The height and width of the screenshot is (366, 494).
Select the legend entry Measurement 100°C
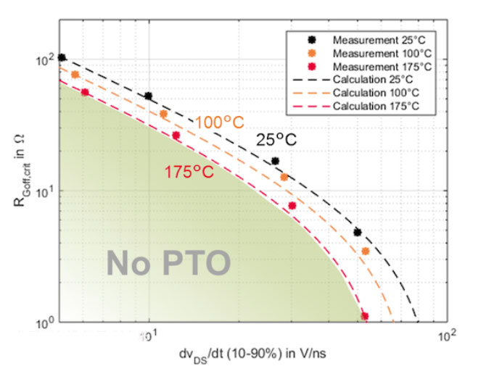click(x=372, y=52)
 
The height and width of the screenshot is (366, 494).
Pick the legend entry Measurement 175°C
click(x=372, y=66)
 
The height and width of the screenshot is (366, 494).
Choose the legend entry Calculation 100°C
click(x=372, y=93)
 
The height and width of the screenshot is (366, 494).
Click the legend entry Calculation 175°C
click(x=372, y=107)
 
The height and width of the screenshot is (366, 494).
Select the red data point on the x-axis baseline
click(x=365, y=316)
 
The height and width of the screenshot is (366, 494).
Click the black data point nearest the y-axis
click(x=62, y=58)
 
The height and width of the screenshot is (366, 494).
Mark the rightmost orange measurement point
click(x=366, y=251)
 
